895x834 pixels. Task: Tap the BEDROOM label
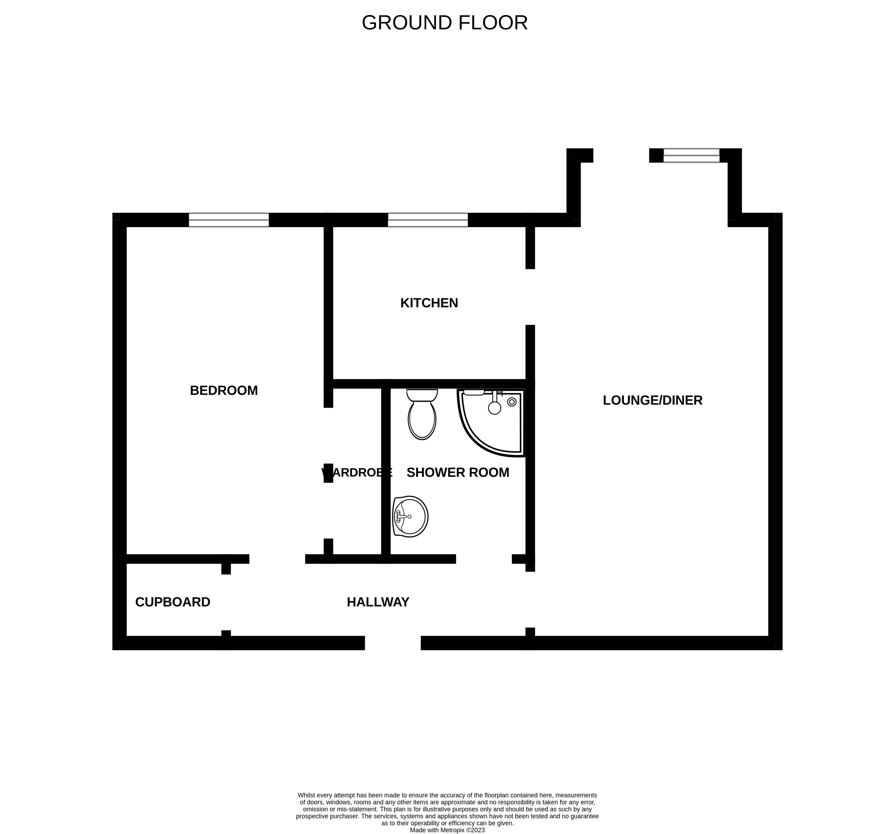pos(224,391)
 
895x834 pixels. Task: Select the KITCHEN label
pos(429,303)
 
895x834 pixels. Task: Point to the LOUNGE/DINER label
pos(652,400)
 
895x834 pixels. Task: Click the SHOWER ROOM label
pos(458,472)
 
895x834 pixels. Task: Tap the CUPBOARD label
pos(173,602)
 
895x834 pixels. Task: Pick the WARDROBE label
pos(357,472)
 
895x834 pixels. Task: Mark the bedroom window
pos(229,220)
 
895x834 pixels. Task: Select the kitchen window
pos(428,220)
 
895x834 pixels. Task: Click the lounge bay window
pos(692,155)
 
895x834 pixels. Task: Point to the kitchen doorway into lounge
pos(530,297)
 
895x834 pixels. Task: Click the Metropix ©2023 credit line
pos(447,830)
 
